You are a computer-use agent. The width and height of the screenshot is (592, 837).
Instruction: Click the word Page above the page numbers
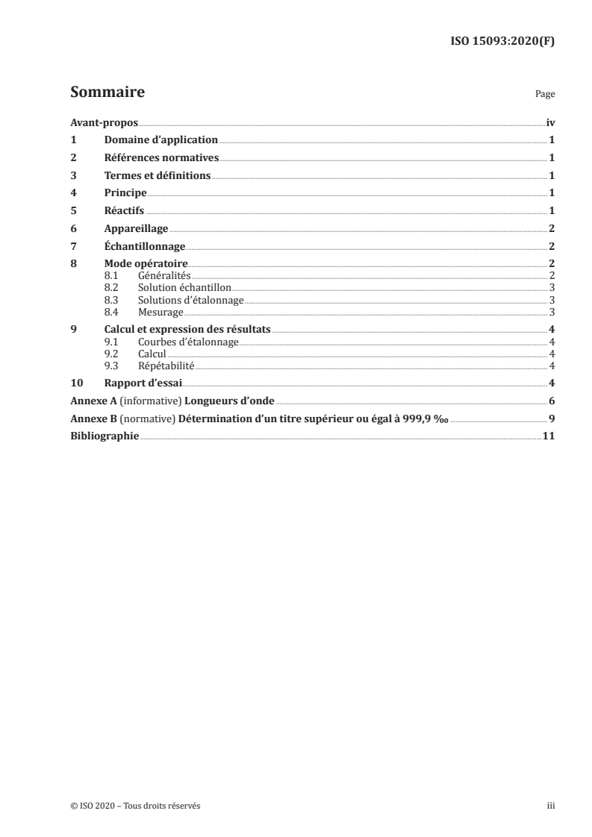[545, 95]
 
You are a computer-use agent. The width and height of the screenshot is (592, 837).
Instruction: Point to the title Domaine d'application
[161, 139]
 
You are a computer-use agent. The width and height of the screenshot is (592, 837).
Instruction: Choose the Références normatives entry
[161, 157]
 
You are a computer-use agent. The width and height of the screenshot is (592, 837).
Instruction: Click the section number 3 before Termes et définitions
[73, 175]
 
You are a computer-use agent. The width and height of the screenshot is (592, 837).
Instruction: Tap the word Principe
[125, 192]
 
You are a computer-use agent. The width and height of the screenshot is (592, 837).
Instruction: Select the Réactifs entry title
[124, 210]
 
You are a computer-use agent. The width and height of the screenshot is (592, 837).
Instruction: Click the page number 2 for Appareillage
[551, 228]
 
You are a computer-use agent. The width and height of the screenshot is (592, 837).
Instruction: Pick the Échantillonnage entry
[144, 246]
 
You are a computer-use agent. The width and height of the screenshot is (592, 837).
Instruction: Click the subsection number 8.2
[111, 287]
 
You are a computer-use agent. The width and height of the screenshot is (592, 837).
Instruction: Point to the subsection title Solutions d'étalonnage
[191, 300]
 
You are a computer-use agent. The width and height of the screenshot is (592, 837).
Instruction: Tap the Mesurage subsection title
[161, 312]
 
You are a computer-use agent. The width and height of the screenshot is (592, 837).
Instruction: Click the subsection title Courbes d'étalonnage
[188, 342]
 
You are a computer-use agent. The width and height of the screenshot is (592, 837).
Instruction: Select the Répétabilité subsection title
[166, 366]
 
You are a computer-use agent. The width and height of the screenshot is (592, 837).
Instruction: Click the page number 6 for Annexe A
[551, 401]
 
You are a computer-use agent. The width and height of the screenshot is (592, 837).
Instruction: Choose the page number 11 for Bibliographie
[548, 436]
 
